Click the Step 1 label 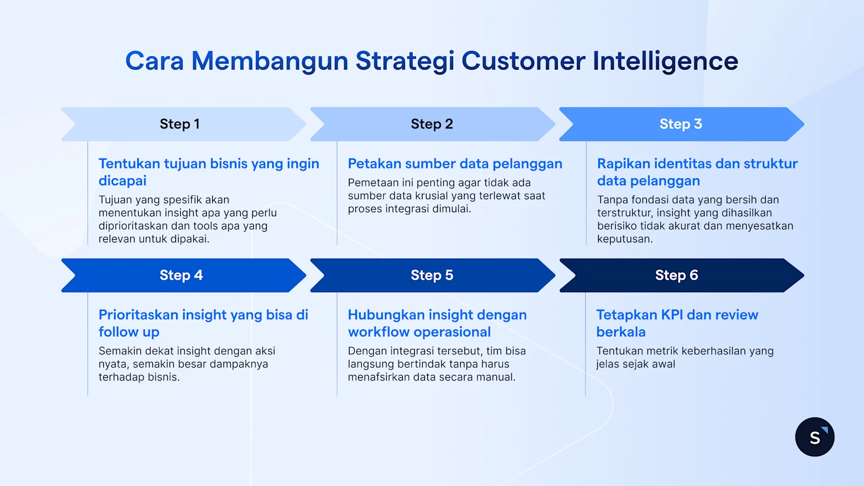[x=180, y=124]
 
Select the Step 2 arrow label [x=431, y=124]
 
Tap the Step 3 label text [x=680, y=124]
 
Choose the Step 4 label [x=181, y=275]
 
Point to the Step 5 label [x=431, y=275]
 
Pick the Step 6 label [x=676, y=275]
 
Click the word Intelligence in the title [x=665, y=61]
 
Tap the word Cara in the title [x=154, y=61]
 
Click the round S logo [x=814, y=437]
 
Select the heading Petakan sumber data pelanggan [x=455, y=164]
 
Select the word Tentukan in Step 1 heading [x=129, y=164]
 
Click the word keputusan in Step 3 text [x=624, y=239]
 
